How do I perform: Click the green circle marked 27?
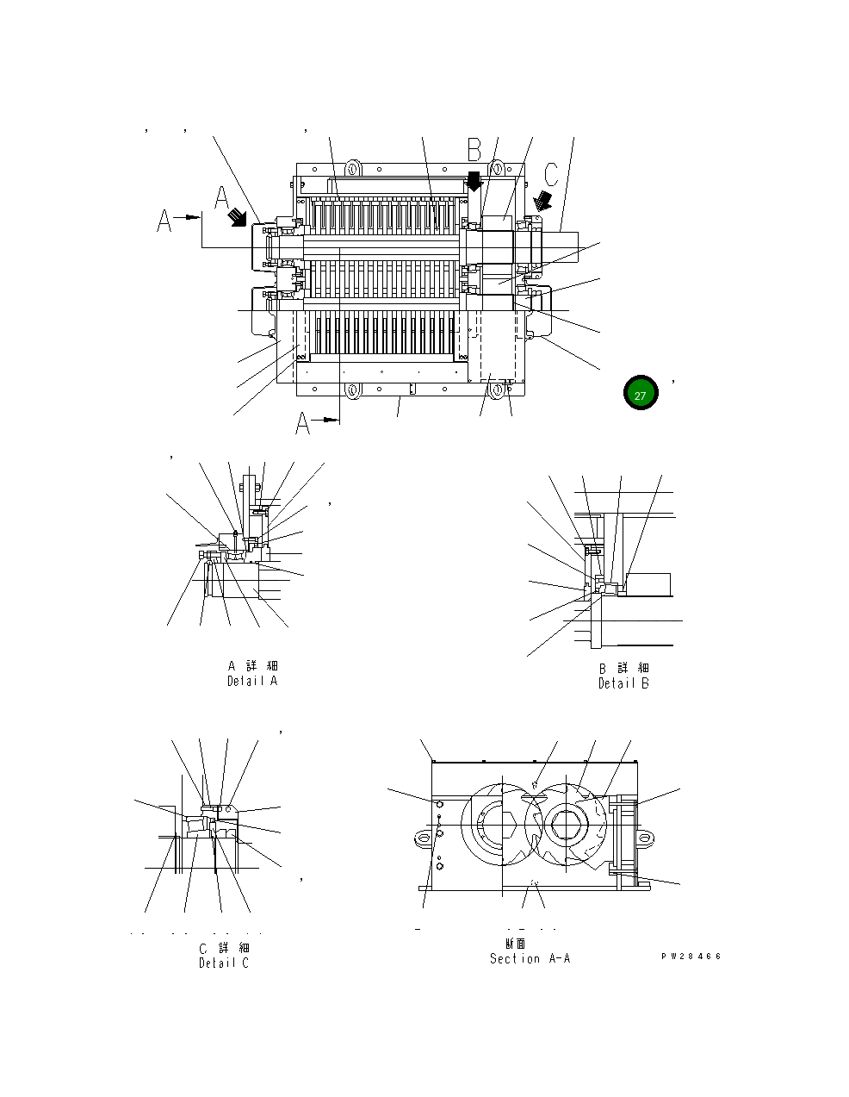click(x=640, y=395)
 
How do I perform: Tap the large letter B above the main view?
click(x=474, y=150)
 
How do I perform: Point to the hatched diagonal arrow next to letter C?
click(x=542, y=201)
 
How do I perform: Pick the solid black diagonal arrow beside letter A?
click(x=236, y=220)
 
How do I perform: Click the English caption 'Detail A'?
click(x=252, y=681)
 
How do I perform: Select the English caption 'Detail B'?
click(x=623, y=683)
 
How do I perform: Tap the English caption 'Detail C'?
click(x=223, y=963)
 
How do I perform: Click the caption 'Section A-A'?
click(x=530, y=958)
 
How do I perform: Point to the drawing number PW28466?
click(x=691, y=957)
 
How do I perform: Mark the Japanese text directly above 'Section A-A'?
click(x=515, y=944)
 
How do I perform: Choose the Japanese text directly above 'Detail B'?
click(x=624, y=669)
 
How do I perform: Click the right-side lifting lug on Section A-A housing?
click(x=646, y=835)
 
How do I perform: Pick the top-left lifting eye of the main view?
click(x=351, y=166)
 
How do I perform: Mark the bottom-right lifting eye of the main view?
click(x=498, y=390)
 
